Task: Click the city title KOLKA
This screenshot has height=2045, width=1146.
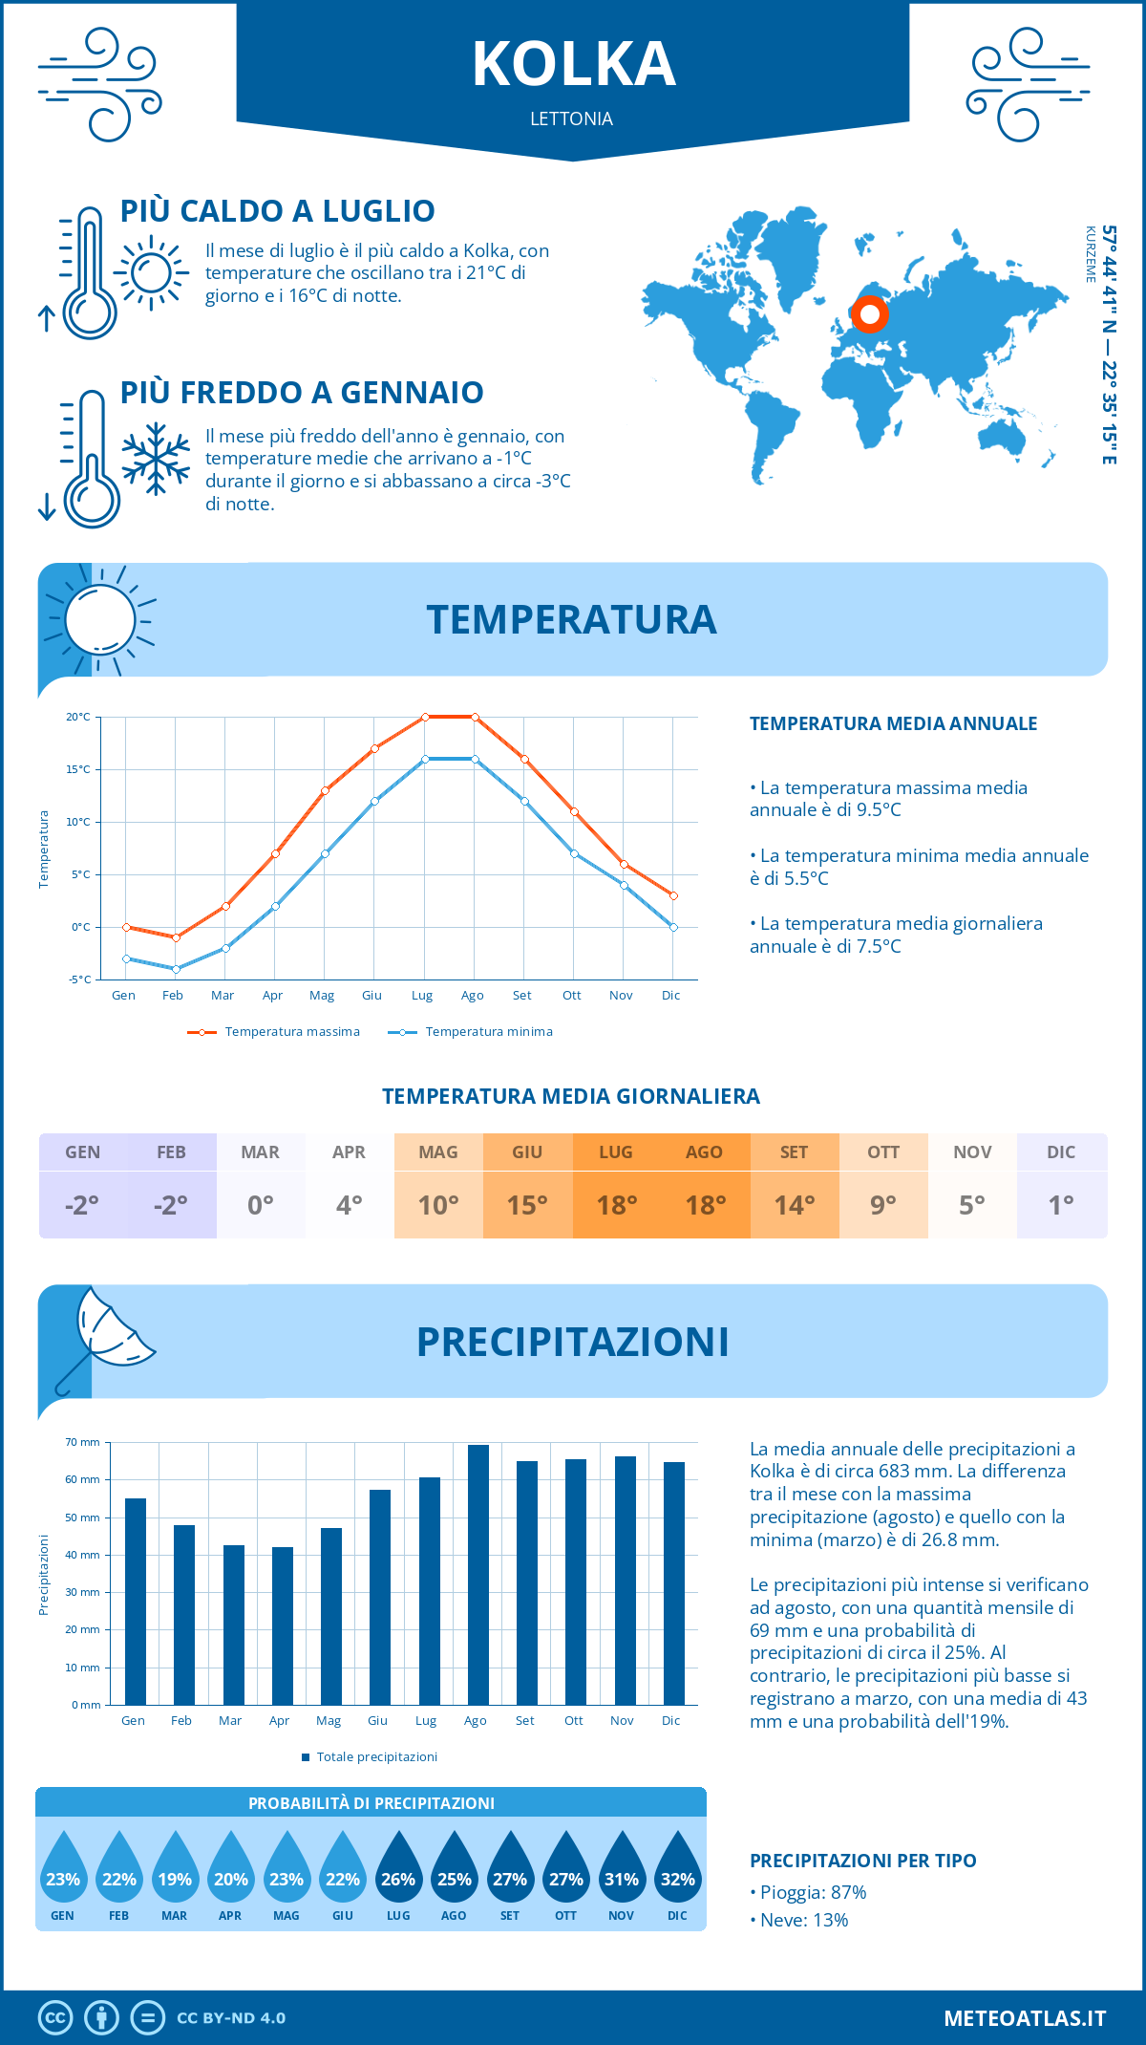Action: pos(573,65)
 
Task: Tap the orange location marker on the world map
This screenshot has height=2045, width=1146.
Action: pos(869,314)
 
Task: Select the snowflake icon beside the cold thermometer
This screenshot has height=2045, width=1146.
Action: pos(156,459)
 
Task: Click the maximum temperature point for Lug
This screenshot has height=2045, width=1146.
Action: pos(425,717)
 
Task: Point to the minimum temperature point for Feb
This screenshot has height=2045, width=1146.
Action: pos(176,969)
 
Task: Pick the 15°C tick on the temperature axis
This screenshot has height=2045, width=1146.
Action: pos(78,769)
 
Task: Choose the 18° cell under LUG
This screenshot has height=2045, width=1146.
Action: pos(616,1205)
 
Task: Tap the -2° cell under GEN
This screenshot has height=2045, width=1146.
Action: pos(82,1205)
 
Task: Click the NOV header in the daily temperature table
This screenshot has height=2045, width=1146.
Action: pos(972,1152)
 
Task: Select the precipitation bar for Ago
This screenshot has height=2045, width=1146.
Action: pos(477,1575)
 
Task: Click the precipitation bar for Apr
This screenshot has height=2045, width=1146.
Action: pos(282,1625)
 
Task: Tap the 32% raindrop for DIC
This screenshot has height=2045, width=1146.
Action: pos(677,1871)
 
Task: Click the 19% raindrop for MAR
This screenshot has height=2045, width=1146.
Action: pos(175,1871)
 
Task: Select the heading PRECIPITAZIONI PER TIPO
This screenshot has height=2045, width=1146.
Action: pos(862,1861)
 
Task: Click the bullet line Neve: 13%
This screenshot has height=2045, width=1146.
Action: pos(803,1920)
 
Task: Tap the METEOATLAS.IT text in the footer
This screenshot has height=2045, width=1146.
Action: pos(1024,2018)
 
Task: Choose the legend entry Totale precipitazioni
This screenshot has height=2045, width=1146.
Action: pos(376,1757)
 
